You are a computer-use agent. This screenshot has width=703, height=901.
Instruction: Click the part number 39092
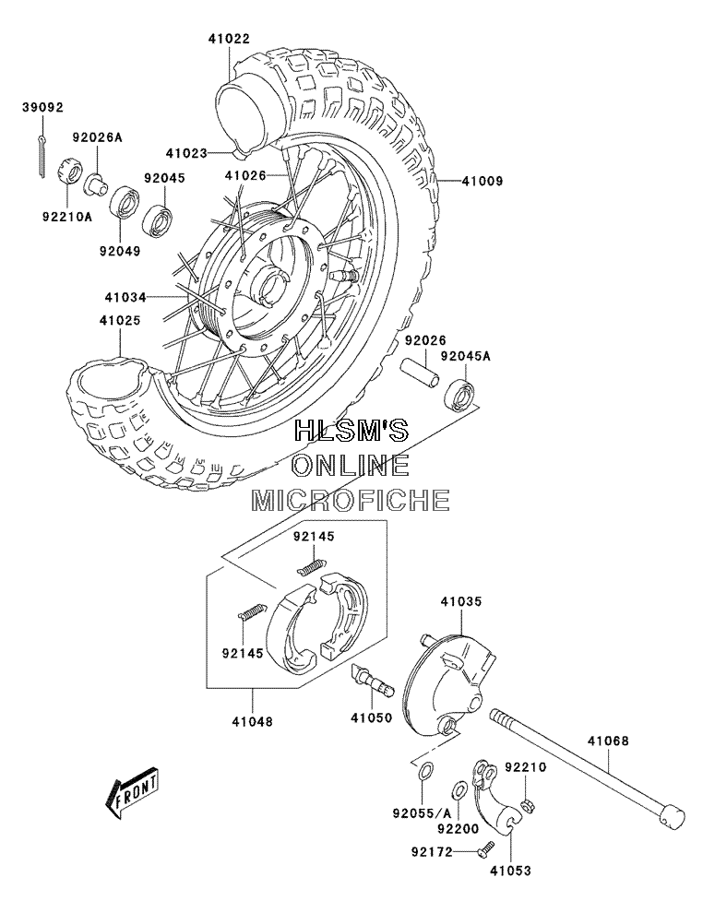click(x=43, y=108)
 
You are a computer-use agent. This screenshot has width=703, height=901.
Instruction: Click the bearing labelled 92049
click(x=125, y=202)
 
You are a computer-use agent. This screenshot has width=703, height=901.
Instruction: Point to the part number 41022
click(x=229, y=39)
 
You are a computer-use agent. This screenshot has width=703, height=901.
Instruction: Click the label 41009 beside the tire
click(x=482, y=181)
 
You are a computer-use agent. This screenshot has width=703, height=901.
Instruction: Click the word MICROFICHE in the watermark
click(x=351, y=501)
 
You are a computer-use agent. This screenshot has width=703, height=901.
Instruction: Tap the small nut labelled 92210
click(x=525, y=804)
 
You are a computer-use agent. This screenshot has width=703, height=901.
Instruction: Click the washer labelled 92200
click(x=459, y=789)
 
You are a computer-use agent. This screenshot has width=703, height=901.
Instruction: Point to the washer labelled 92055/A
click(x=423, y=772)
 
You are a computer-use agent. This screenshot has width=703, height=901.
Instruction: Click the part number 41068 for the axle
click(x=608, y=741)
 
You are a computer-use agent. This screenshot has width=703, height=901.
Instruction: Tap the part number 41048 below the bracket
click(x=253, y=720)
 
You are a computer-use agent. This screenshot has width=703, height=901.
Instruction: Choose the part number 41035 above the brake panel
click(x=461, y=601)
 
